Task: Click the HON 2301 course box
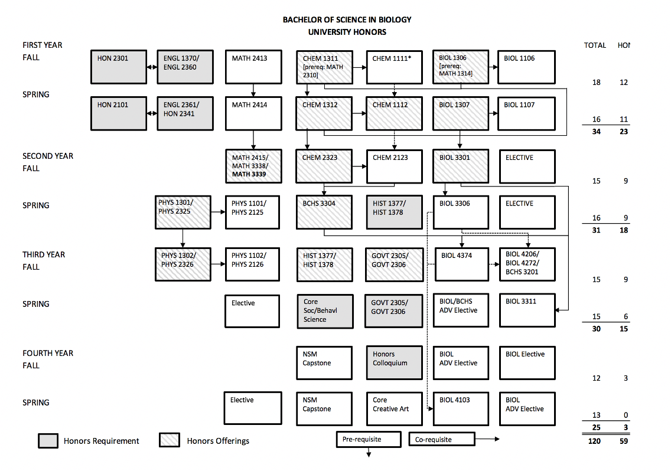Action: [x=119, y=67]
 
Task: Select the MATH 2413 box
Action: [x=253, y=67]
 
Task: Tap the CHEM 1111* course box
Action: [x=394, y=67]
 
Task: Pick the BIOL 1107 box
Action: [x=526, y=113]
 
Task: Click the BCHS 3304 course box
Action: [x=324, y=212]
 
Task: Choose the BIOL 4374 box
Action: [x=462, y=264]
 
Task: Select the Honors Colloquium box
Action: [x=394, y=363]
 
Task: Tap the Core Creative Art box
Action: [x=394, y=408]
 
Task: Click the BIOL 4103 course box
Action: [x=461, y=408]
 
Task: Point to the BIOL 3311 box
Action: [x=527, y=310]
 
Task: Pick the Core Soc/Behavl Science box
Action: [x=325, y=311]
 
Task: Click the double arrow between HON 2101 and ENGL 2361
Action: [x=152, y=113]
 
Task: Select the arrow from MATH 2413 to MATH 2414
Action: [x=253, y=90]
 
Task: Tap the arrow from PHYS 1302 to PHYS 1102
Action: [x=218, y=264]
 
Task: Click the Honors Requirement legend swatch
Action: [x=48, y=441]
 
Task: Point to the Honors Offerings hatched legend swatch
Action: [x=170, y=440]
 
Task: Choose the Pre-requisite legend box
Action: [x=369, y=439]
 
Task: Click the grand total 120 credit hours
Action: [x=594, y=441]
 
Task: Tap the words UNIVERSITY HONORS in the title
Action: [x=347, y=32]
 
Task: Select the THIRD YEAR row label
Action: [x=44, y=254]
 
